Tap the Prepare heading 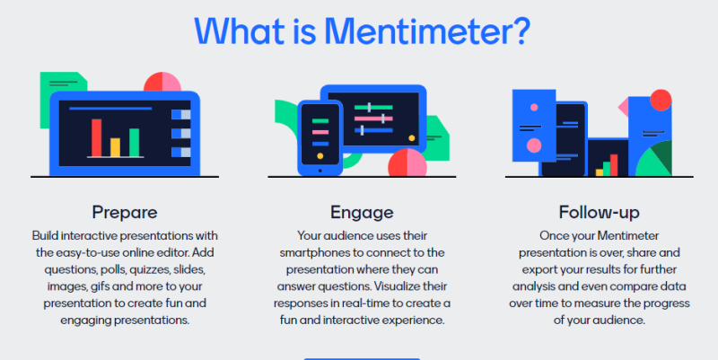(125, 213)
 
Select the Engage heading (362, 213)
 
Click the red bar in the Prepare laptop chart (96, 137)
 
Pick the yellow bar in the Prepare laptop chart (115, 147)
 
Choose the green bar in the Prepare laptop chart (135, 142)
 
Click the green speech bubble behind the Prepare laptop (57, 85)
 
